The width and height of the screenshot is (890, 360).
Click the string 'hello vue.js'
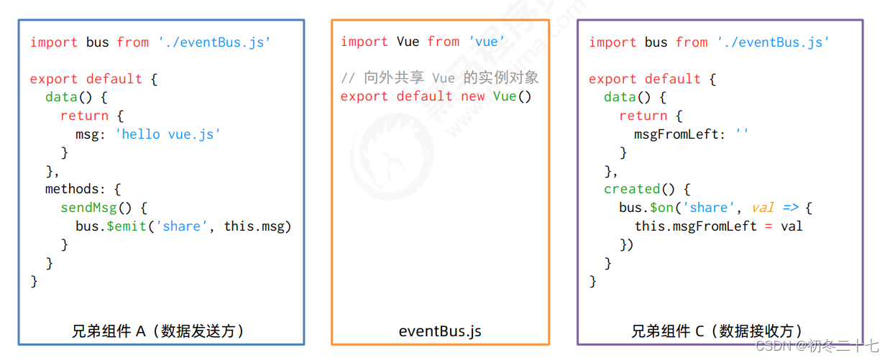pos(168,134)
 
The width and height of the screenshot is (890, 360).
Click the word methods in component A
pos(72,189)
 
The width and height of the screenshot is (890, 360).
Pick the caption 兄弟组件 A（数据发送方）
pos(158,331)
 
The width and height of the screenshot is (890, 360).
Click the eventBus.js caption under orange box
pos(440,331)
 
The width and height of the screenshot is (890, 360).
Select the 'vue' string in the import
pos(486,42)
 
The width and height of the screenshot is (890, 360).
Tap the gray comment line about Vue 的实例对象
pos(439,78)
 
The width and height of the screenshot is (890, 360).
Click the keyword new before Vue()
pos(473,96)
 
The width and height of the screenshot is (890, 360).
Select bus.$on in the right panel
pos(646,208)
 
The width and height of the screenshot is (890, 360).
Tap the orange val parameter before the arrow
pos(763,208)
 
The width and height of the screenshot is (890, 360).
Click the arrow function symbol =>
pos(791,208)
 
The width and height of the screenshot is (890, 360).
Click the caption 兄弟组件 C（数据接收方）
pos(717,331)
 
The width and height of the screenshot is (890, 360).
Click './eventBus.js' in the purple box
pos(773,42)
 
